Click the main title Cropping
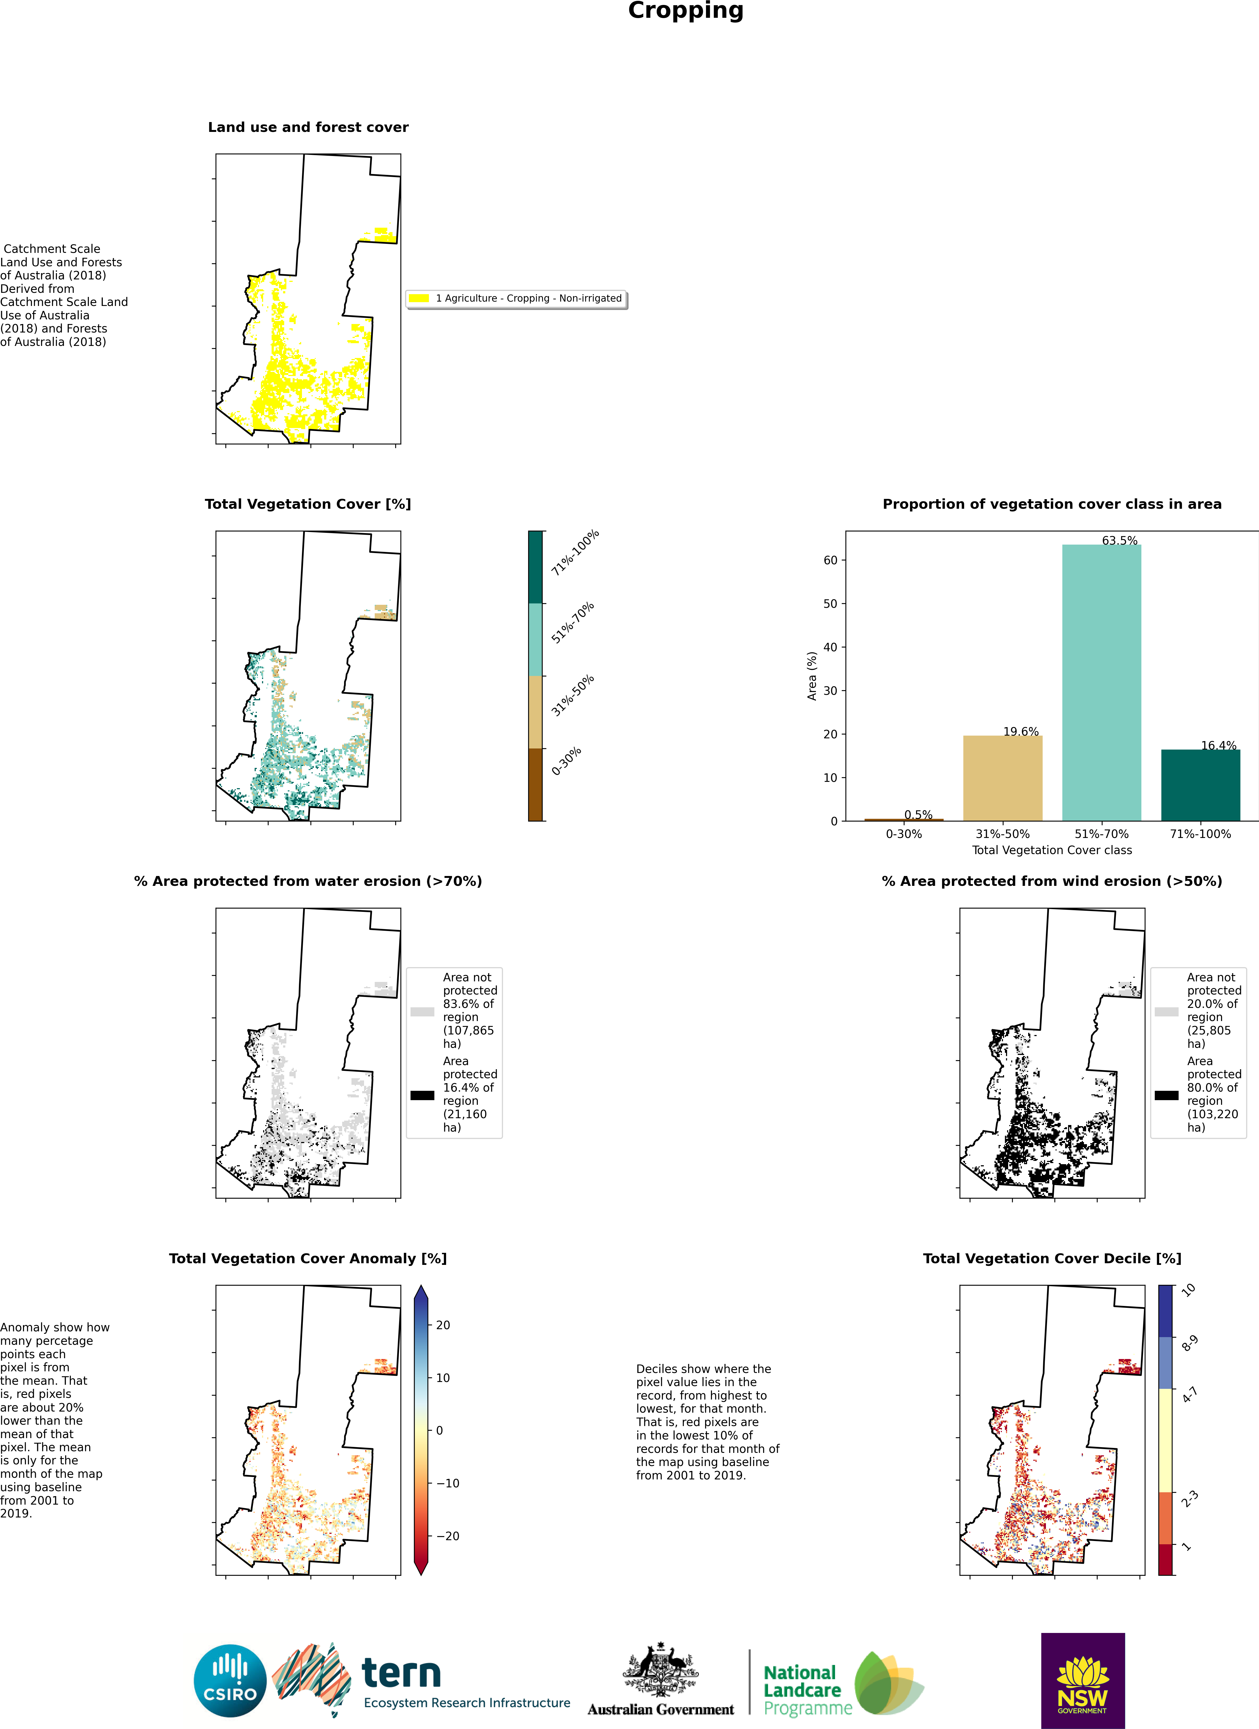685,11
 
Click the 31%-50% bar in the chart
1002,777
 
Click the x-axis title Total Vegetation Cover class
1052,850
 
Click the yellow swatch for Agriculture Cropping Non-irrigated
419,298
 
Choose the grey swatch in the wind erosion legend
1166,1012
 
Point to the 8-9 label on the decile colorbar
1189,1343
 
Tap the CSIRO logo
230,1680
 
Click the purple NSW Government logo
1082,1679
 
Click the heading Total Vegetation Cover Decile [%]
1052,1259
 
